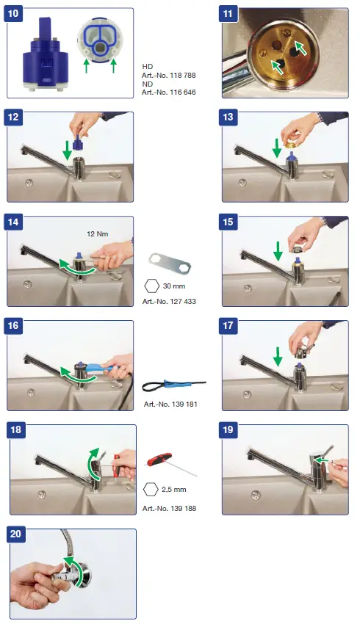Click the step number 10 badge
click(13, 14)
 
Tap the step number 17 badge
click(228, 325)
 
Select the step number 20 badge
click(15, 534)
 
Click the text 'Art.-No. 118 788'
click(169, 75)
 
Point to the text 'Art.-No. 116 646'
click(169, 92)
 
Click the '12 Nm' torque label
click(98, 234)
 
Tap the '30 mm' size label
click(174, 286)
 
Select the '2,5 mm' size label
click(174, 490)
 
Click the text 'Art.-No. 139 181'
click(170, 404)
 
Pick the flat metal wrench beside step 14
click(170, 263)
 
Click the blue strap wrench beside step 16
click(173, 385)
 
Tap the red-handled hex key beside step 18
click(170, 464)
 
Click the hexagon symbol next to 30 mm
click(152, 286)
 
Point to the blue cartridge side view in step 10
click(44, 54)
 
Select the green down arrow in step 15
click(278, 253)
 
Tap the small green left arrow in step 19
click(323, 461)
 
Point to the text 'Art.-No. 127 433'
click(169, 302)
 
